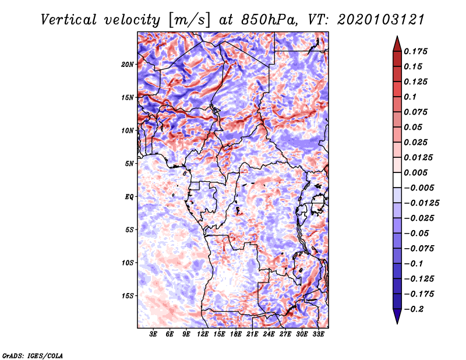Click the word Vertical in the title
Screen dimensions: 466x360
pyautogui.click(x=69, y=20)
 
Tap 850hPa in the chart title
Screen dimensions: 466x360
pyautogui.click(x=269, y=20)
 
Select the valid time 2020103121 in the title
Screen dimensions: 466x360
pyautogui.click(x=381, y=20)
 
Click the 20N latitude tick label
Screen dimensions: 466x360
pyautogui.click(x=128, y=65)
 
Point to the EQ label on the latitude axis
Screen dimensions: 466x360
pyautogui.click(x=129, y=197)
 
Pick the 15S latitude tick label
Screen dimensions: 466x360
pyautogui.click(x=128, y=296)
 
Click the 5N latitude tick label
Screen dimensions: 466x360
pyautogui.click(x=129, y=164)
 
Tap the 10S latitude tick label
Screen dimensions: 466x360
pyautogui.click(x=128, y=263)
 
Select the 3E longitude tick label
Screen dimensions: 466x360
pyautogui.click(x=153, y=334)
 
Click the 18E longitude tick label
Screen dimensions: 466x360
pyautogui.click(x=236, y=334)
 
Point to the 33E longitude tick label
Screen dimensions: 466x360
pyautogui.click(x=318, y=334)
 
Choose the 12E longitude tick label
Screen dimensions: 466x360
pyautogui.click(x=203, y=334)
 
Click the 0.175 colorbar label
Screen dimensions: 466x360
pyautogui.click(x=415, y=51)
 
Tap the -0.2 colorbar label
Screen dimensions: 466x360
pyautogui.click(x=414, y=309)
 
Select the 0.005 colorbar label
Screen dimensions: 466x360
pyautogui.click(x=415, y=172)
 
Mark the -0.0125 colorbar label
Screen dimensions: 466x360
pyautogui.click(x=421, y=203)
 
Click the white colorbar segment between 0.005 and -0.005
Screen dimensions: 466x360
pyautogui.click(x=397, y=180)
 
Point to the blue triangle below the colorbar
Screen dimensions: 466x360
pyautogui.click(x=397, y=316)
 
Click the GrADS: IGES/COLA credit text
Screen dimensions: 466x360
pyautogui.click(x=33, y=356)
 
